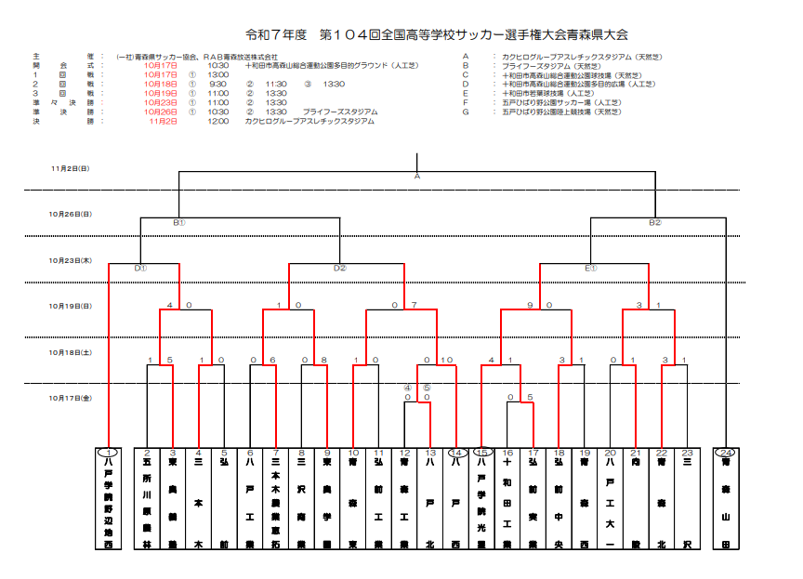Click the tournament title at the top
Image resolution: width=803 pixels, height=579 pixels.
pos(437,34)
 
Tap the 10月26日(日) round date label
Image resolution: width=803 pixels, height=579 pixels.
pos(71,214)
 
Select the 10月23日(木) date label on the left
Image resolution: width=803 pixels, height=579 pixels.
pos(71,261)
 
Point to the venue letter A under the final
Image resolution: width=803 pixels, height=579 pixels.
pos(417,176)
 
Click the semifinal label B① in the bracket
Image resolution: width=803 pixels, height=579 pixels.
pos(179,223)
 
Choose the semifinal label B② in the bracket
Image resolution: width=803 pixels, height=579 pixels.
pos(655,223)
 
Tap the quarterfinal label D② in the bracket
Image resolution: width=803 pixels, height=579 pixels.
pos(339,269)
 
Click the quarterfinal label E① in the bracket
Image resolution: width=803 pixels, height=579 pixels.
pos(590,269)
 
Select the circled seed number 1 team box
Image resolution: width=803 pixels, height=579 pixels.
pos(109,497)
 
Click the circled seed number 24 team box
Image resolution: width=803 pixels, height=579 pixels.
pos(725,497)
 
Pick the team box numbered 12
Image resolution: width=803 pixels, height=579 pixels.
pos(404,497)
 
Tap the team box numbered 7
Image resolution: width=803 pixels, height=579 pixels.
pos(276,497)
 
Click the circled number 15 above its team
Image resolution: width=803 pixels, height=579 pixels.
pos(480,452)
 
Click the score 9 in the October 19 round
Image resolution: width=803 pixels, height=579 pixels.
pos(530,305)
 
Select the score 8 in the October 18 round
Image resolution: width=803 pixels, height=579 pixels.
pos(324,360)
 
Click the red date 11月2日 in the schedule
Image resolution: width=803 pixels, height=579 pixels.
pos(162,121)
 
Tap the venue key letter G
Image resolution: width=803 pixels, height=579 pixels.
pos(465,112)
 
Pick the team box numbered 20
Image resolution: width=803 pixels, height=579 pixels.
pos(610,497)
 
